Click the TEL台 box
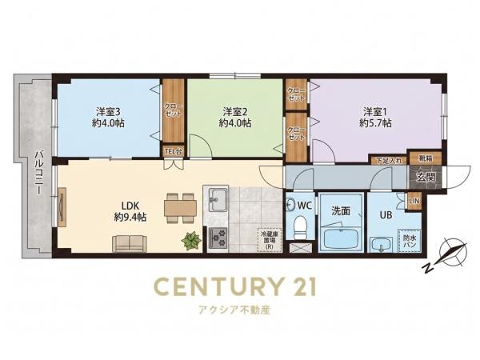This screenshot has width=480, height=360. pyautogui.click(x=174, y=151)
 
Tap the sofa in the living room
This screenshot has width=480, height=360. pyautogui.click(x=129, y=244)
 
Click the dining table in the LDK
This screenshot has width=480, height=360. pyautogui.click(x=180, y=208)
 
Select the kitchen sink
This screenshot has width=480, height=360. pyautogui.click(x=218, y=200)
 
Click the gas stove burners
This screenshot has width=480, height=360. pyautogui.click(x=218, y=238)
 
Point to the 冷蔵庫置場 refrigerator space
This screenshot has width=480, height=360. pyautogui.click(x=270, y=240)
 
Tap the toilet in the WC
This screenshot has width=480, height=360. pyautogui.click(x=299, y=228)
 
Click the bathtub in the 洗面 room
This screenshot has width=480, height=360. pyautogui.click(x=341, y=239)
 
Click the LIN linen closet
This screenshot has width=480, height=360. pyautogui.click(x=414, y=202)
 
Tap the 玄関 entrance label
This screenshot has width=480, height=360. pyautogui.click(x=426, y=178)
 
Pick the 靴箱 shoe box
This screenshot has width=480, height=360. pyautogui.click(x=426, y=158)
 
